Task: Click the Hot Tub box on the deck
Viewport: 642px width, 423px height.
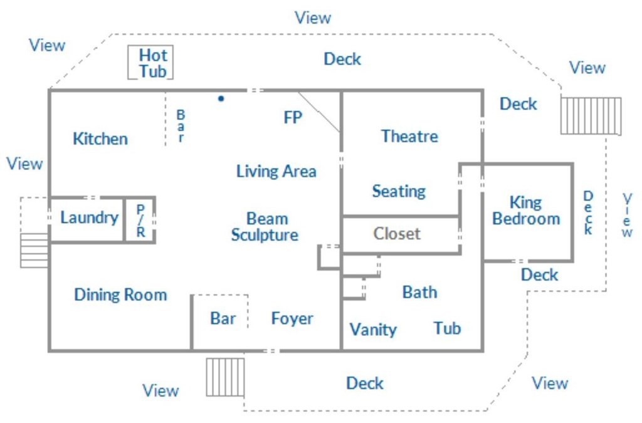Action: click(150, 62)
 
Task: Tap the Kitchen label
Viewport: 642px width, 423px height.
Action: click(100, 138)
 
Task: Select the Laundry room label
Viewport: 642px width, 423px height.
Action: click(89, 217)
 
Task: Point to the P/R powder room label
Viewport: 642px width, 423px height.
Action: click(140, 221)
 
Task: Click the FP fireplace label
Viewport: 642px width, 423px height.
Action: click(293, 117)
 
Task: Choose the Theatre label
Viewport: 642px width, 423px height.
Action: click(409, 136)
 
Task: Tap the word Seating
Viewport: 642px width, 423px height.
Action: click(399, 192)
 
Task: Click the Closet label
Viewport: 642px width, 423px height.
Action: click(397, 234)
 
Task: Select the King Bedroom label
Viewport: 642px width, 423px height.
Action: click(526, 211)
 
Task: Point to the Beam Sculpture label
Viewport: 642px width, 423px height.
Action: click(265, 227)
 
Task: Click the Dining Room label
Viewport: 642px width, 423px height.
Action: click(121, 295)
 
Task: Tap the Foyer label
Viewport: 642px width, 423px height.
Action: click(292, 319)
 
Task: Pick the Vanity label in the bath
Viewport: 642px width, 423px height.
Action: click(373, 330)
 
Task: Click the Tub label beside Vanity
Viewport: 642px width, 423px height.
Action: click(447, 328)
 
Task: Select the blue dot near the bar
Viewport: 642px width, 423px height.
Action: click(221, 98)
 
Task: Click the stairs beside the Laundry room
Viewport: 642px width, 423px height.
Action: click(34, 251)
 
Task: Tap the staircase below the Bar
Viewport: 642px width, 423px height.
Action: click(225, 377)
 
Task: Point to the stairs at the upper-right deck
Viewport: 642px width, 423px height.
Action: click(591, 116)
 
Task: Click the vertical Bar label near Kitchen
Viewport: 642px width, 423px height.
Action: click(181, 126)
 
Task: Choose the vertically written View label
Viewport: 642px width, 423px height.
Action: click(627, 215)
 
